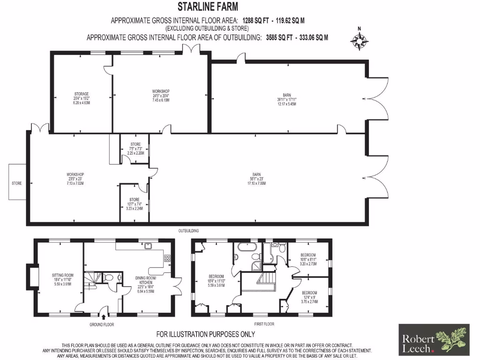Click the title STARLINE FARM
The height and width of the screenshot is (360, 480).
tap(208, 7)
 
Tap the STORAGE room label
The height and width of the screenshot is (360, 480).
tap(82, 97)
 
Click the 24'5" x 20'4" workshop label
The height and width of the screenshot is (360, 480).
tap(161, 95)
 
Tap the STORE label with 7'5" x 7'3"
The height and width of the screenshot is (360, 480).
tap(135, 149)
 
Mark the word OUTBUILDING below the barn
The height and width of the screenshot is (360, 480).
tap(188, 231)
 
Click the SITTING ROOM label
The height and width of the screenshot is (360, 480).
tap(63, 279)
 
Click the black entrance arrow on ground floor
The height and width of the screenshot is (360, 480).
tap(104, 317)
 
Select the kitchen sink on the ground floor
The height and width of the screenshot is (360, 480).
tap(148, 245)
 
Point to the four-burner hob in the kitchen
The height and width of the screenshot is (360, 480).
tap(167, 257)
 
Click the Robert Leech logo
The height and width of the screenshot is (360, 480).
tap(433, 339)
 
